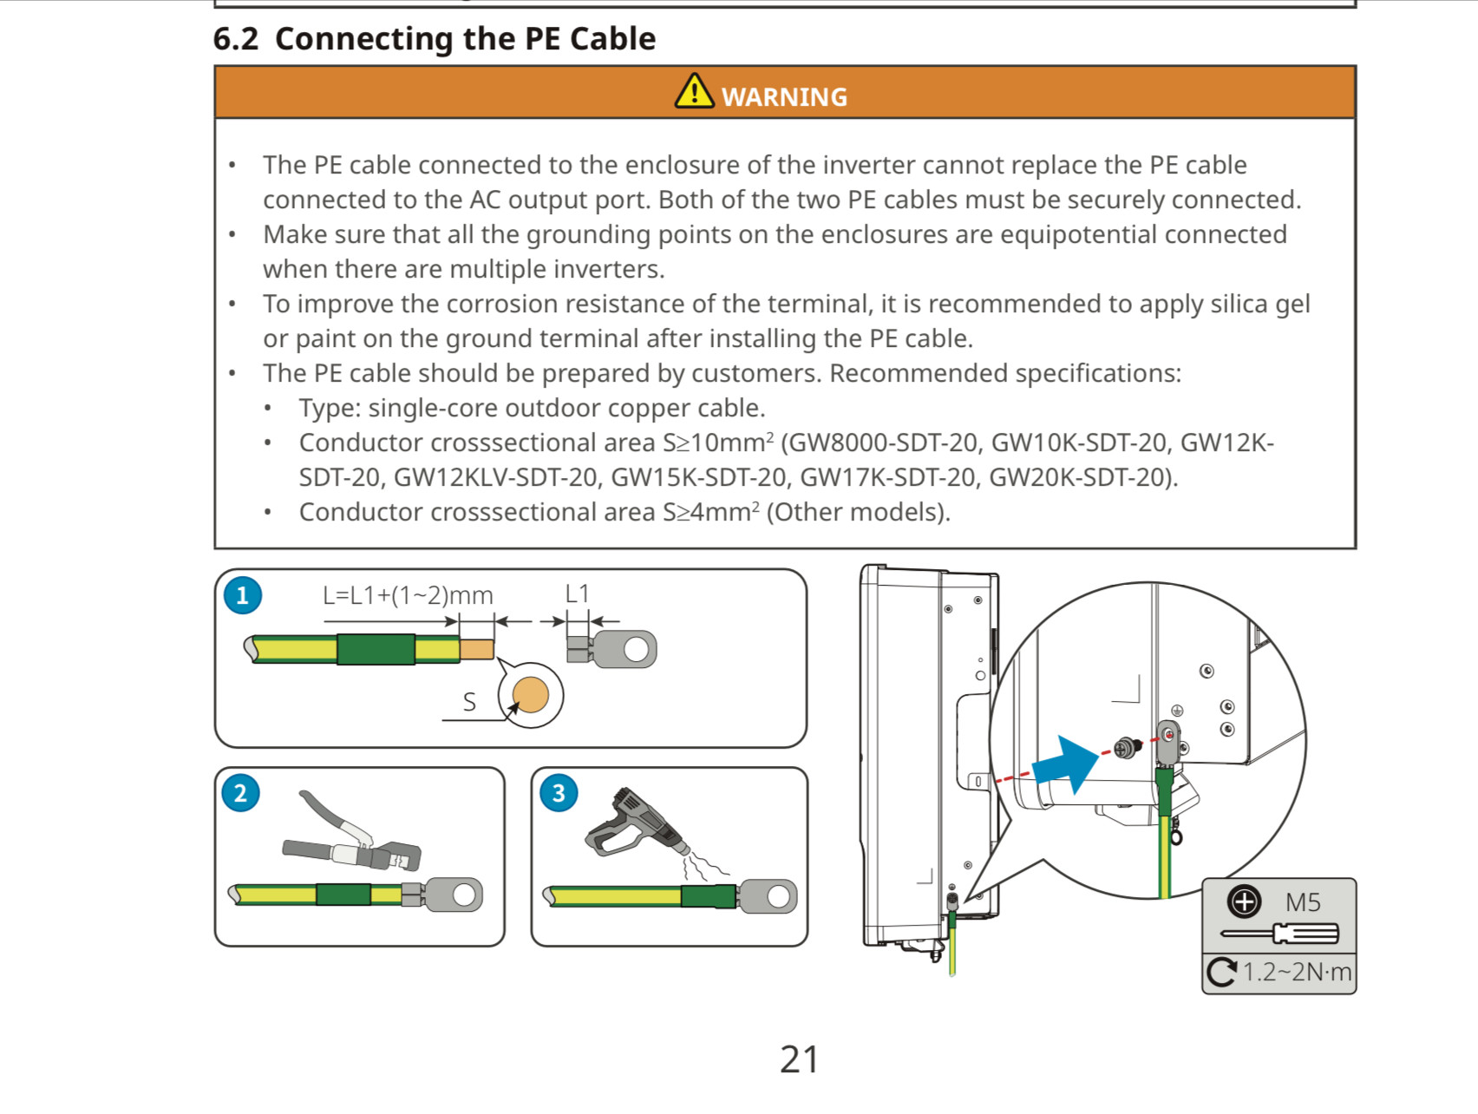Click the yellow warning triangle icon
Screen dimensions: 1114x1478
point(694,91)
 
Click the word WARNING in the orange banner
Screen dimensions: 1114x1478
point(784,97)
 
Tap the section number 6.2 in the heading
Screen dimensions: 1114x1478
point(236,39)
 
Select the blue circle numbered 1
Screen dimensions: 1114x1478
point(243,595)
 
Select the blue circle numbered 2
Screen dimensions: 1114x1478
point(241,793)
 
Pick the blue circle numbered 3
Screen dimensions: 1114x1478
point(559,793)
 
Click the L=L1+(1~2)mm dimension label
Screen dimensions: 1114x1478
point(408,595)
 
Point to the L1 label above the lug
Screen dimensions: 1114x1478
point(577,593)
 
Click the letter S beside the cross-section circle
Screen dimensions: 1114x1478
point(469,702)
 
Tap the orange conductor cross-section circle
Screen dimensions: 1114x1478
point(531,695)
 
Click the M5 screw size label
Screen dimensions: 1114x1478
point(1303,902)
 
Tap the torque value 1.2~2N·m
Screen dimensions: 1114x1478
point(1297,972)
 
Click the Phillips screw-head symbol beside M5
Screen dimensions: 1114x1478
point(1245,901)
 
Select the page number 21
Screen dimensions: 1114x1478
point(799,1059)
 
